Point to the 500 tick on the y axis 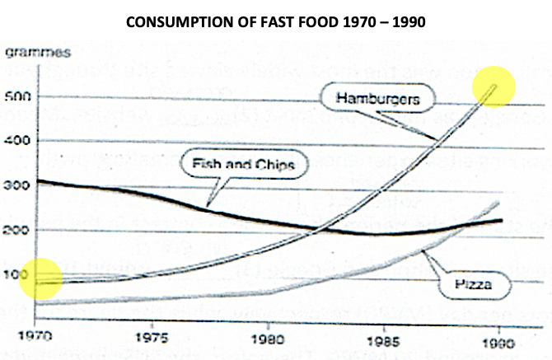[16, 96]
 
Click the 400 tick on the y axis [16, 141]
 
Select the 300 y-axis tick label [16, 185]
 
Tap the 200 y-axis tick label [16, 229]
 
